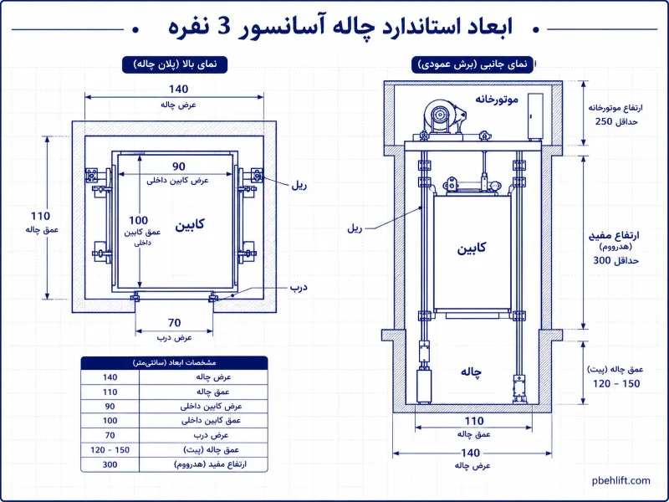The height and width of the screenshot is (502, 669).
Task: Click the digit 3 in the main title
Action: (x=224, y=27)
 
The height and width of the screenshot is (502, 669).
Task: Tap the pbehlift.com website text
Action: (x=621, y=480)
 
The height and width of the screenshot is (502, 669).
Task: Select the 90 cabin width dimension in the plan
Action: (x=179, y=166)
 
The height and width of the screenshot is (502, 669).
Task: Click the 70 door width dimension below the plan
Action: (x=175, y=323)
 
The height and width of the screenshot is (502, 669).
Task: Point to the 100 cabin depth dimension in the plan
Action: (x=138, y=220)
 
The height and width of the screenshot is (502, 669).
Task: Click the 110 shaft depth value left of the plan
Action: (x=40, y=216)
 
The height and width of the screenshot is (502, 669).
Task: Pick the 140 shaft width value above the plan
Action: (x=178, y=90)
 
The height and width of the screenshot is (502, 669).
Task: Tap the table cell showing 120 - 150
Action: (x=110, y=450)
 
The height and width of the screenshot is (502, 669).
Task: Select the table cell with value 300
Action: (x=110, y=464)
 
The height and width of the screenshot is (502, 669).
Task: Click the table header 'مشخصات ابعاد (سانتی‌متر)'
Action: (x=174, y=363)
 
